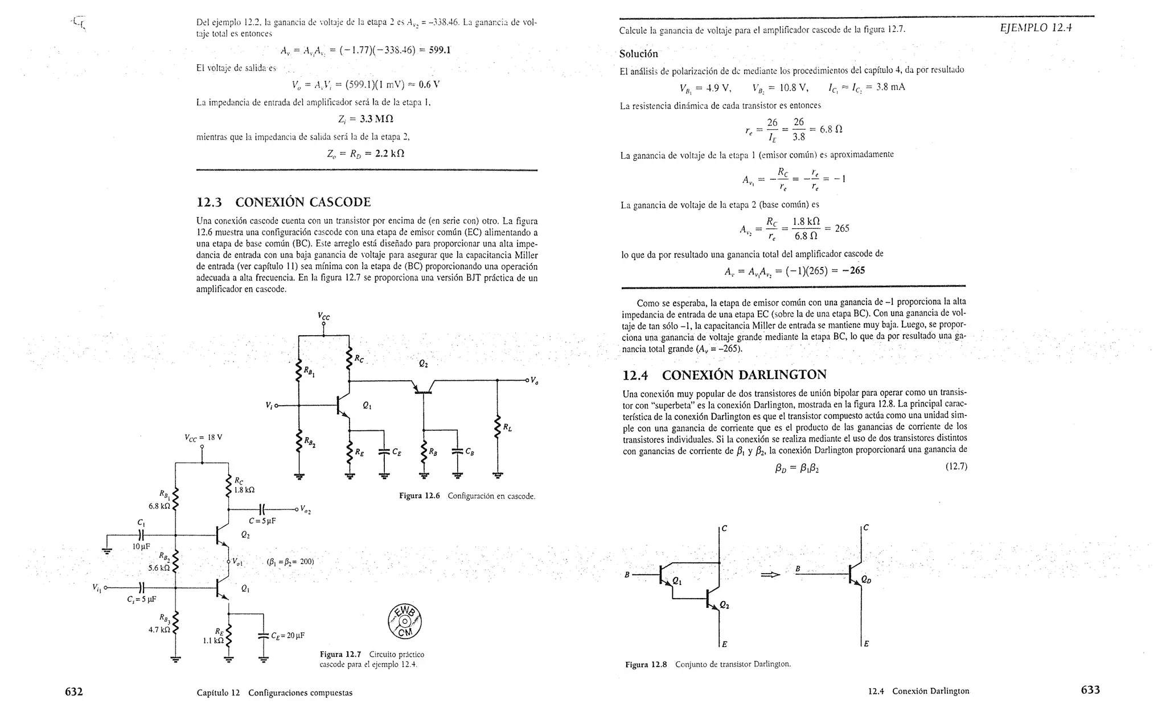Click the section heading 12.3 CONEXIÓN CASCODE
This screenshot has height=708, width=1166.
[284, 202]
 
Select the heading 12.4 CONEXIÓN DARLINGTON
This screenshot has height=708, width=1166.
[724, 375]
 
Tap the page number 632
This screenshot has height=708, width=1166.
[74, 691]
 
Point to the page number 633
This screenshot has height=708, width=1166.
[1090, 690]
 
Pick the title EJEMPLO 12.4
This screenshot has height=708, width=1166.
[1036, 28]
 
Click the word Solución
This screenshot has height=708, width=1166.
[638, 54]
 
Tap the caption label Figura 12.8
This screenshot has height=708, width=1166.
[646, 664]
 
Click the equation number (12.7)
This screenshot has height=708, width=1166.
[956, 467]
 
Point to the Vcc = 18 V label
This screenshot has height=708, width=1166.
[203, 438]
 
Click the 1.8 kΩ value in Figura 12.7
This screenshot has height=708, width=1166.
[245, 489]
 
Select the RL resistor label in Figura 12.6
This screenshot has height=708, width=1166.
[507, 427]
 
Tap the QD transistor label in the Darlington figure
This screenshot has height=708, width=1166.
[866, 580]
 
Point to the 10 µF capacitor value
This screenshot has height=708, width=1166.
[141, 546]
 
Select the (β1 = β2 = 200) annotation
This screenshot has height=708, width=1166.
[290, 561]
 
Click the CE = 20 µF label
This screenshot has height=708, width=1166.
[288, 635]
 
